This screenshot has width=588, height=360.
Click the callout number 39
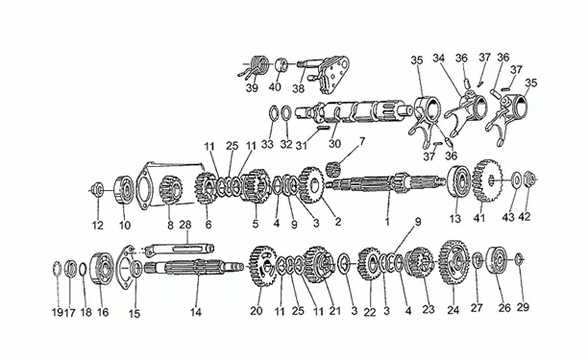[252, 87]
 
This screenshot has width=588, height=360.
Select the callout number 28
[185, 225]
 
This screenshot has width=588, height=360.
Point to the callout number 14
[195, 312]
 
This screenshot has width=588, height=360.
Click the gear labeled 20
[263, 266]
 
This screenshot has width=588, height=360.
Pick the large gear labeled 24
[453, 263]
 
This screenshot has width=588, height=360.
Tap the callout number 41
[478, 218]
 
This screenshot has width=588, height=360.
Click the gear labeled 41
[487, 180]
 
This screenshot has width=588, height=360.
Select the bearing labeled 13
[459, 181]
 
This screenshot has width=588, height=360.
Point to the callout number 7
[362, 142]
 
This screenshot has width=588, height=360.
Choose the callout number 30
[334, 143]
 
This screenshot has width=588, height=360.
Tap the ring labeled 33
[273, 113]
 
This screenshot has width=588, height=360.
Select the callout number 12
[97, 226]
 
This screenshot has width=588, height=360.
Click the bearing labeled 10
[124, 189]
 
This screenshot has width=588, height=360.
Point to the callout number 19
[56, 312]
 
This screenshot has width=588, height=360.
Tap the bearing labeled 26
[497, 260]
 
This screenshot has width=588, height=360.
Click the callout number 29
[523, 307]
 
